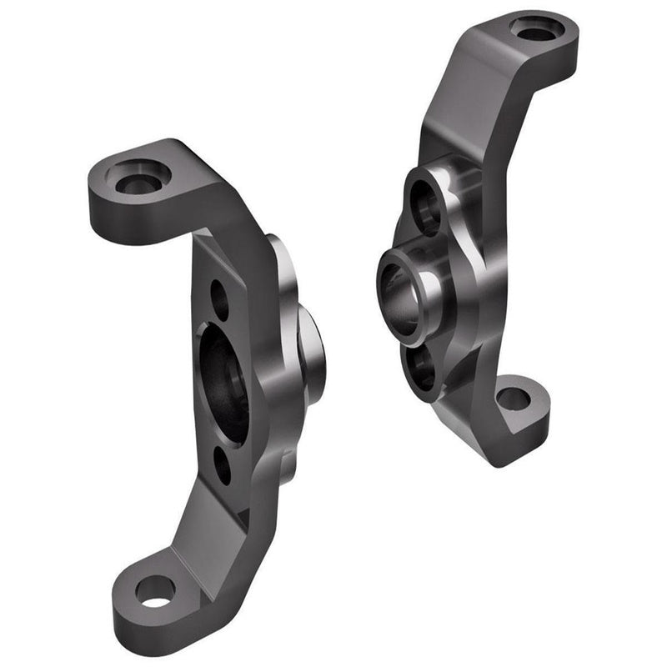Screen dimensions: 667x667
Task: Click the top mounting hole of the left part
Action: [137, 178]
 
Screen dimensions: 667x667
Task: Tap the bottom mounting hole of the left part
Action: [155, 591]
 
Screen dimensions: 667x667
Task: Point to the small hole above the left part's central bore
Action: [219, 299]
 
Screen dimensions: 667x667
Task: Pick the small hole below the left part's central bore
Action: [223, 465]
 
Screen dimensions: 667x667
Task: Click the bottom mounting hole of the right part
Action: [514, 399]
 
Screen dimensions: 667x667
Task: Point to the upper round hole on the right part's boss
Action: [425, 206]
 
